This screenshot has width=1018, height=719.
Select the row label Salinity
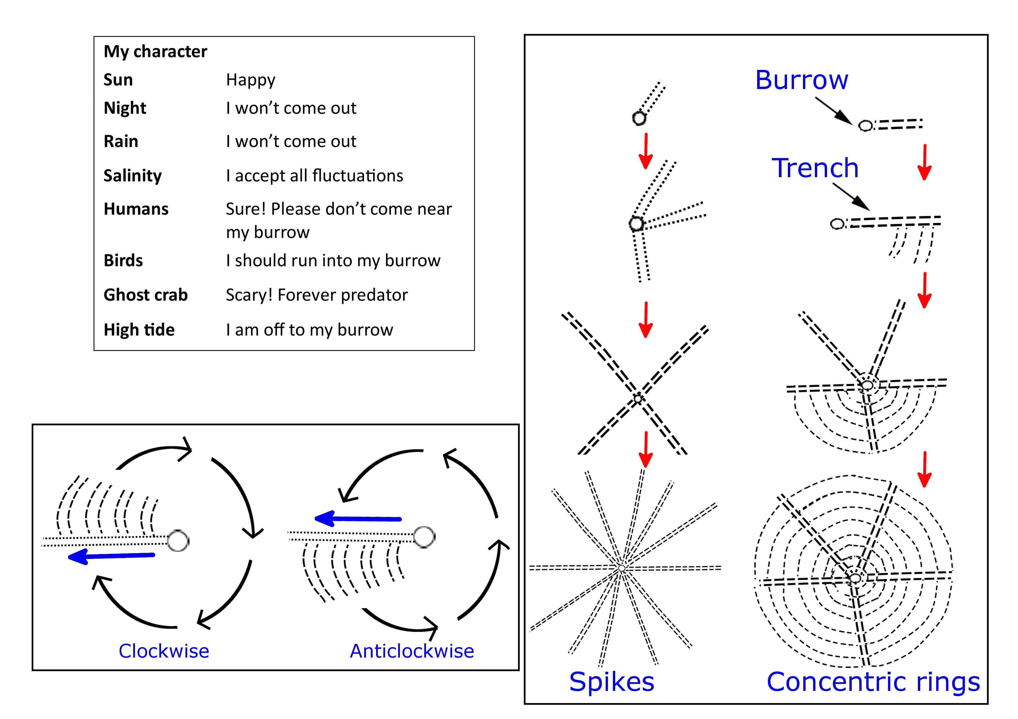(x=133, y=176)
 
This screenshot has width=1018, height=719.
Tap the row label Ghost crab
(x=145, y=295)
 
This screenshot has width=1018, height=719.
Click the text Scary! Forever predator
(x=317, y=295)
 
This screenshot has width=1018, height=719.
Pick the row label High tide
(x=139, y=330)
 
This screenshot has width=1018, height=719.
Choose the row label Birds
(x=123, y=260)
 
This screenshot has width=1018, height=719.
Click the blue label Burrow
(x=802, y=80)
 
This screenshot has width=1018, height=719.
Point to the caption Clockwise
(x=164, y=651)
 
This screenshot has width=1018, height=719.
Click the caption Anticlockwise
(x=412, y=651)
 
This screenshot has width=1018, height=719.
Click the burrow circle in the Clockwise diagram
(x=178, y=540)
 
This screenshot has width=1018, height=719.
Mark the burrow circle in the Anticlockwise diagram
(x=424, y=537)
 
